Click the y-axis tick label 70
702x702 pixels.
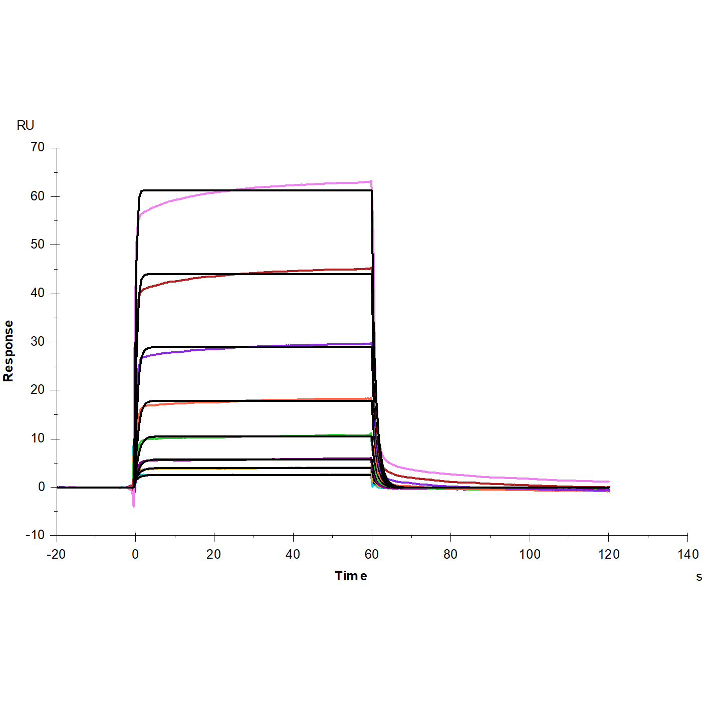tap(38, 147)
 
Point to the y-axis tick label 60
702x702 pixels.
tap(38, 196)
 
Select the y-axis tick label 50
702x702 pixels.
tap(38, 245)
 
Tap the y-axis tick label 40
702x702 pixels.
tap(38, 293)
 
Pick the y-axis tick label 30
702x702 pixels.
tap(38, 342)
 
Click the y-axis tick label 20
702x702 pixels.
tap(38, 390)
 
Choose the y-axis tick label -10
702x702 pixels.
tap(35, 535)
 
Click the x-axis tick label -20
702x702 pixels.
tap(56, 554)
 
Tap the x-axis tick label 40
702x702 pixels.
tap(293, 554)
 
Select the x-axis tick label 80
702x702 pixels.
tap(450, 554)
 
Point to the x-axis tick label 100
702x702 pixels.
tap(530, 554)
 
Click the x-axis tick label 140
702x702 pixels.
tap(688, 554)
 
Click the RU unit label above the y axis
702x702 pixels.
tap(26, 125)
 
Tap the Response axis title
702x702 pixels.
tap(9, 351)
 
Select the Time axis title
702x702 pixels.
tap(351, 576)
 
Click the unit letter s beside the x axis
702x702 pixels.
tap(699, 577)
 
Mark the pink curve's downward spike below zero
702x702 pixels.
tap(134, 506)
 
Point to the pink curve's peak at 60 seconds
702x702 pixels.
tap(371, 181)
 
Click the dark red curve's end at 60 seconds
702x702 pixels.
tap(371, 269)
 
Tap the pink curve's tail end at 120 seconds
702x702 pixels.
tap(608, 482)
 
